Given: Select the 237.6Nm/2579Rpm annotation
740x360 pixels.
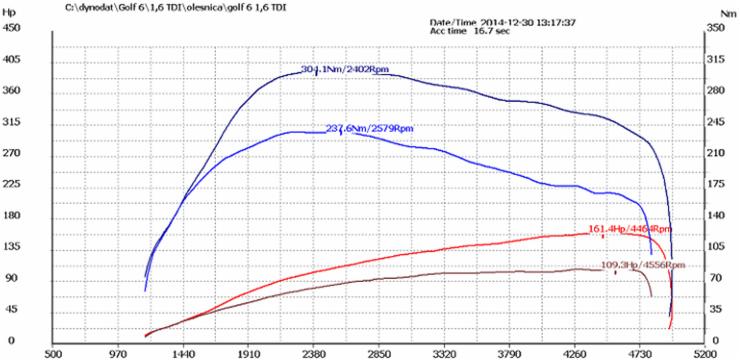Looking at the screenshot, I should tap(363, 128).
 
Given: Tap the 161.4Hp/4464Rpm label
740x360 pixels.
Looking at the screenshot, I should tap(631, 228).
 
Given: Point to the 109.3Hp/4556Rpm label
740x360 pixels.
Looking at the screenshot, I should tap(643, 265).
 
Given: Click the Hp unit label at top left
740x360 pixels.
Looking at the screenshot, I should tap(11, 8).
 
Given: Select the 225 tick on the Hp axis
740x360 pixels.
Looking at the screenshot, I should tap(12, 184).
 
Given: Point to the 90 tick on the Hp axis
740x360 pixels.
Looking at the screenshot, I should tap(12, 278).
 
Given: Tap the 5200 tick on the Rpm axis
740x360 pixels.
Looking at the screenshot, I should tap(704, 353).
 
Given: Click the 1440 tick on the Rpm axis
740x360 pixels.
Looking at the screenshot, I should tap(183, 353).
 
